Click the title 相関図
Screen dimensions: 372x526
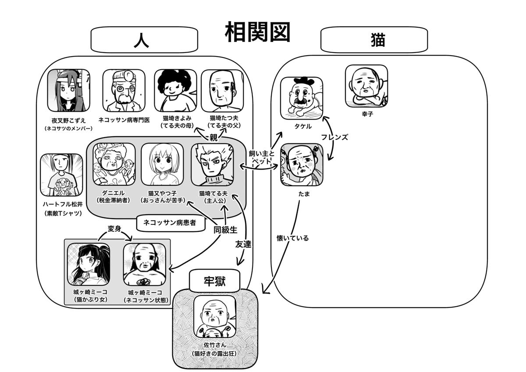257,32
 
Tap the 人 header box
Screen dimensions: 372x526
144,40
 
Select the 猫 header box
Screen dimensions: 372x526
374,40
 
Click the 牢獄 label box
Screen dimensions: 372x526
214,281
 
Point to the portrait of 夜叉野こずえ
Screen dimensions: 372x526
68,90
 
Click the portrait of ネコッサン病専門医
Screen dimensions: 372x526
124,91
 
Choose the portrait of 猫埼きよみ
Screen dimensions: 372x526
175,91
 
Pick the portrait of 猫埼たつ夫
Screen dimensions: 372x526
222,91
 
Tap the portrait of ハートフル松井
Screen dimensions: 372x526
61,175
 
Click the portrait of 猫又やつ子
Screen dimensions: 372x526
162,164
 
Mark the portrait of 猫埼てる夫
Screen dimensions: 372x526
212,164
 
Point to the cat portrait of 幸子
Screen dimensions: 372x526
366,86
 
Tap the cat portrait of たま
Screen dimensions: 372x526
302,164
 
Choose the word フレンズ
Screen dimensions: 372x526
334,137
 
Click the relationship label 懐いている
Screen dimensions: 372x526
292,238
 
